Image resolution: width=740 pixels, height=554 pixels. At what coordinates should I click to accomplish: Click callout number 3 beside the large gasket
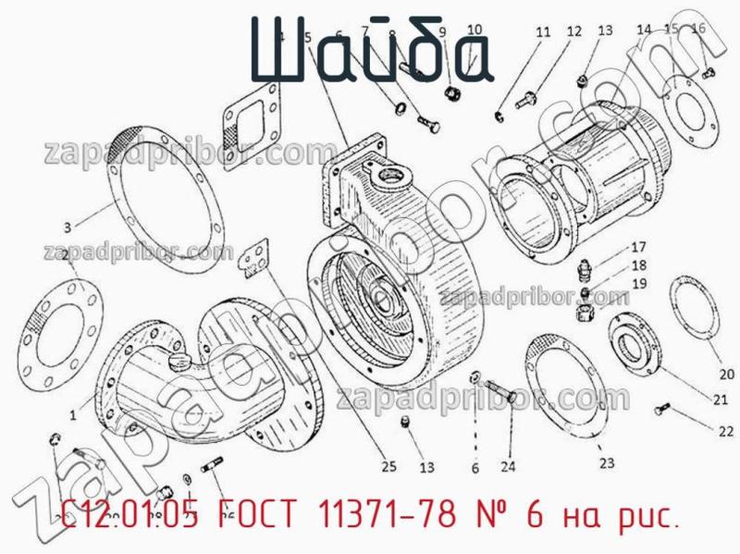[67, 227]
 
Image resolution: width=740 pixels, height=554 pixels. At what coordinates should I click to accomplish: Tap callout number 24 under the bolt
[508, 466]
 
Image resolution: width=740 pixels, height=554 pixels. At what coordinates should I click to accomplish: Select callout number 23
[606, 462]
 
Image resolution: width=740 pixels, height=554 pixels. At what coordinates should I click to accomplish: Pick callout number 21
[720, 400]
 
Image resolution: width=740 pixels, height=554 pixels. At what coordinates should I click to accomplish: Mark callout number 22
[724, 430]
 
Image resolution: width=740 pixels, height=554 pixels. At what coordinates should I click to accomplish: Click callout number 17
[638, 247]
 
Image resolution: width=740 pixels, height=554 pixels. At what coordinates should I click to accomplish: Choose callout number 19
[638, 283]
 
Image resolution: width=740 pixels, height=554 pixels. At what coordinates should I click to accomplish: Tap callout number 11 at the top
[543, 31]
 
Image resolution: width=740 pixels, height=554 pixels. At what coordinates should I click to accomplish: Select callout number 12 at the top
[574, 31]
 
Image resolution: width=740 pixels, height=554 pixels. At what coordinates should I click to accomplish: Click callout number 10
[474, 30]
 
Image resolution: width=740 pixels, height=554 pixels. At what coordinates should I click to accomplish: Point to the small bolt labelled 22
[661, 408]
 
